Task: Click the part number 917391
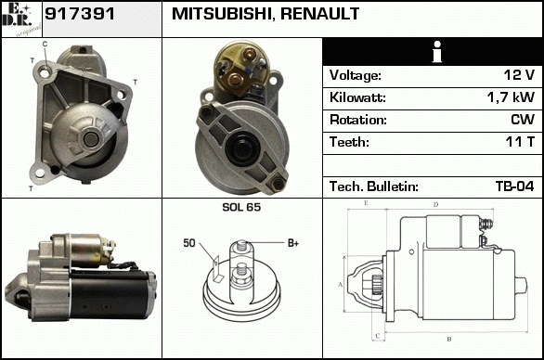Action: point(80,14)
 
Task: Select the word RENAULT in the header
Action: point(319,14)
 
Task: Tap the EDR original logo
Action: point(21,19)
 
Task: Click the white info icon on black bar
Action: point(437,52)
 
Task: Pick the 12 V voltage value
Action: point(519,75)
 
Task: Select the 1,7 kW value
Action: point(511,97)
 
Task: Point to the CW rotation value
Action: point(523,120)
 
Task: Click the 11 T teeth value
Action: point(520,142)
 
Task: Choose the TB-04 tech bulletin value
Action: point(515,186)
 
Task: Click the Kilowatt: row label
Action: point(357,97)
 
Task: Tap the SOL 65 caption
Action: point(241,207)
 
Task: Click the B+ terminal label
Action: point(293,243)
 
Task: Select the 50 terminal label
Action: point(189,243)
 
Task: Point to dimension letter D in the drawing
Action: point(436,205)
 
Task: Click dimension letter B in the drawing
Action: point(449,339)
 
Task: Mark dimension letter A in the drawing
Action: point(341,285)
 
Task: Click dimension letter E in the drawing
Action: point(366,203)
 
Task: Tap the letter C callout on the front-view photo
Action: point(45,44)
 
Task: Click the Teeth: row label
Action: point(349,142)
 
